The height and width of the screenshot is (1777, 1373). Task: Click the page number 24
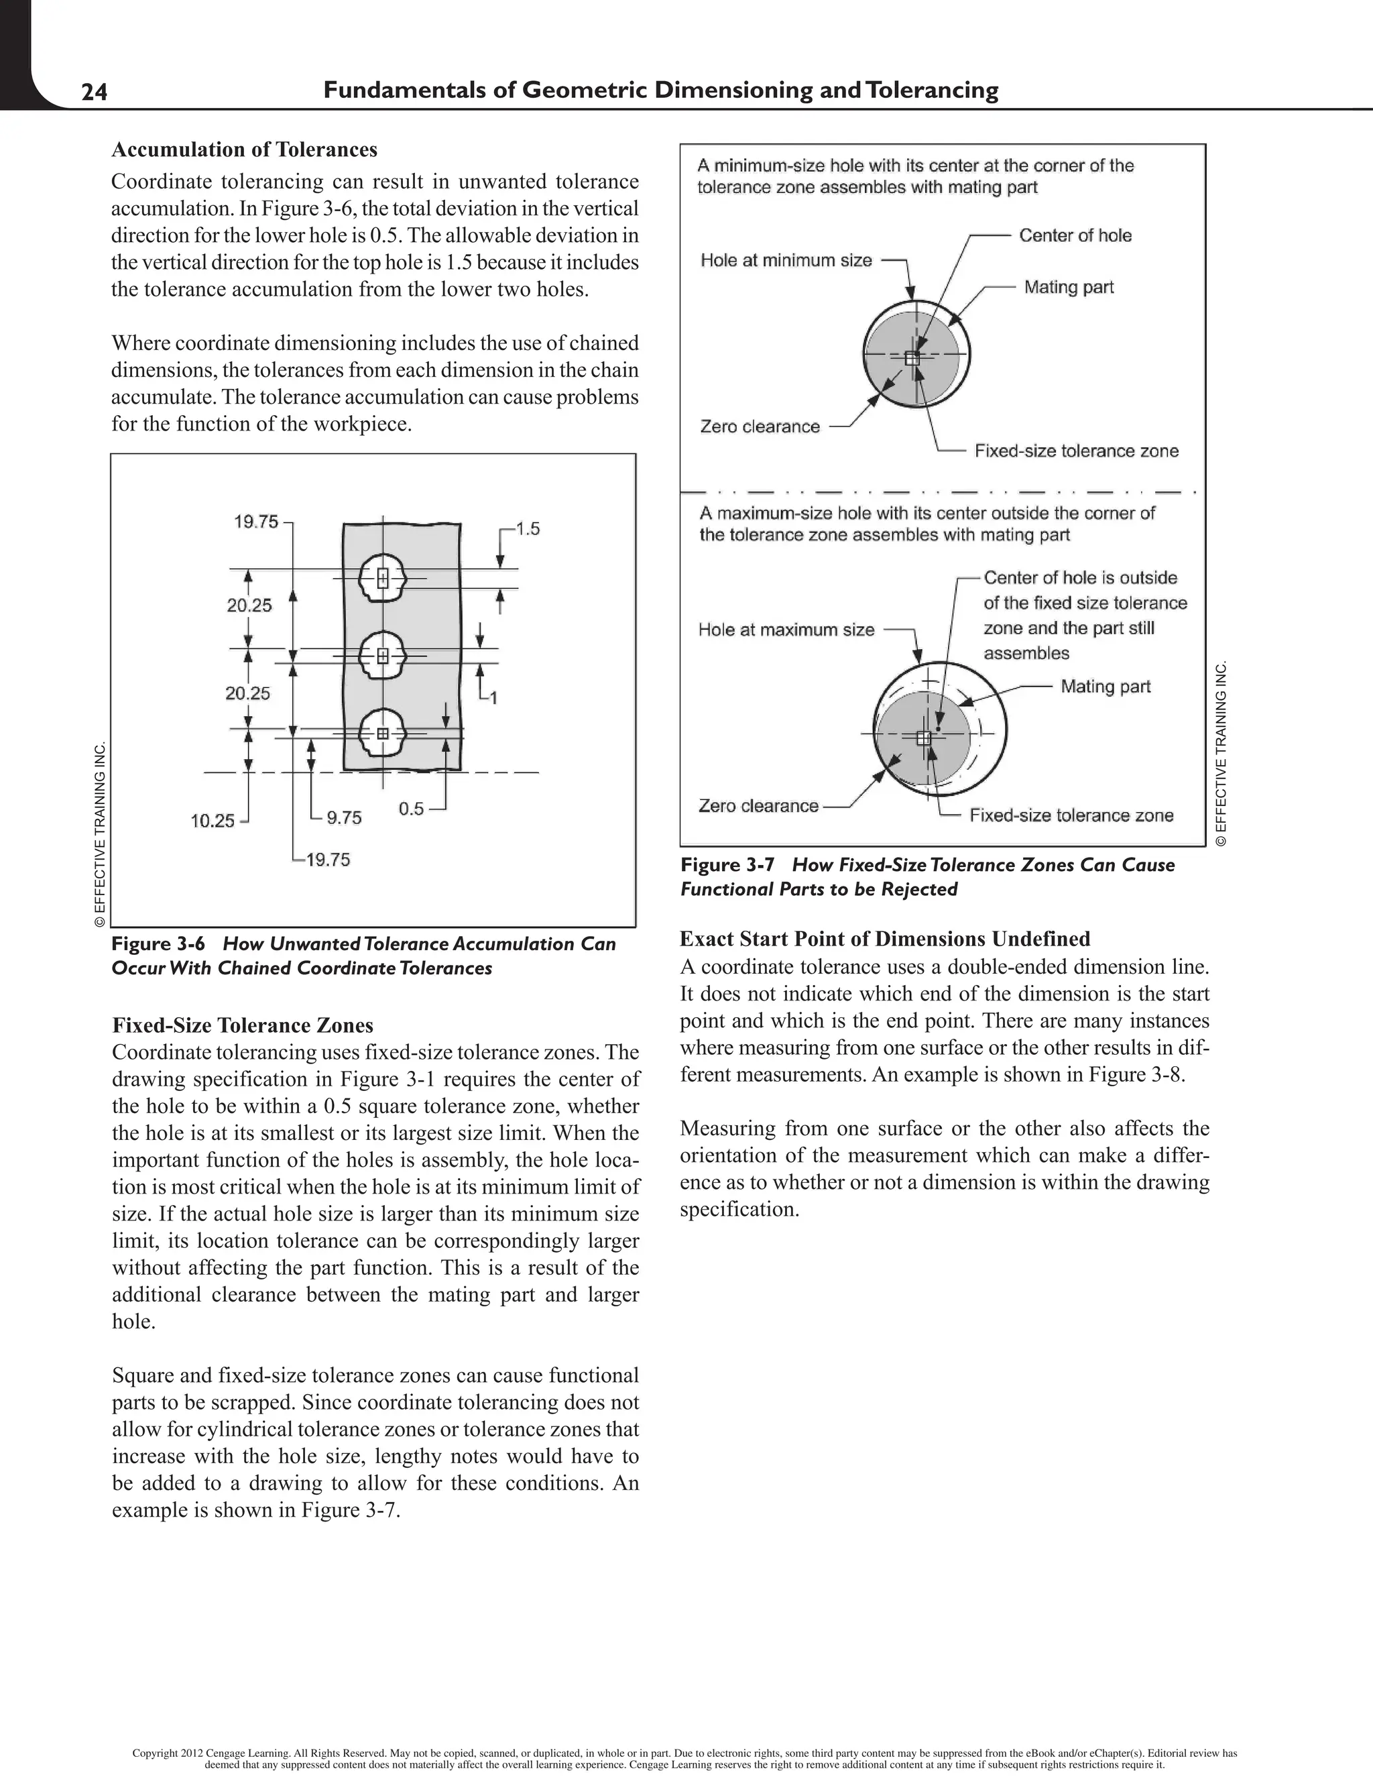[95, 92]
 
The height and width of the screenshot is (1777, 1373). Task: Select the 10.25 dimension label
[213, 821]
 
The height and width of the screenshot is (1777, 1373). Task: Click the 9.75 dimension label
[344, 817]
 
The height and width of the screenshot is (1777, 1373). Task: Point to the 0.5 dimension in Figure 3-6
[412, 809]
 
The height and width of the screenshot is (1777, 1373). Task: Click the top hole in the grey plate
[382, 577]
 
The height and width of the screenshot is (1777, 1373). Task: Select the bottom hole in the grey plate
[382, 733]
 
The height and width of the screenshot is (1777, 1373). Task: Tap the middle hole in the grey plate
[382, 656]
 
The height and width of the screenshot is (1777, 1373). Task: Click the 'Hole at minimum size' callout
[786, 260]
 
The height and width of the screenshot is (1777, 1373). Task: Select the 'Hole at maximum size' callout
[786, 630]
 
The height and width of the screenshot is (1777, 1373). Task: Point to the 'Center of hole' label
[1075, 235]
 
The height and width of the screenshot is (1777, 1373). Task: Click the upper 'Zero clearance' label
[760, 427]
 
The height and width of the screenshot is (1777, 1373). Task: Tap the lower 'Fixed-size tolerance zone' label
[1071, 815]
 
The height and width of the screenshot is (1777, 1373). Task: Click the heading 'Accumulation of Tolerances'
[244, 150]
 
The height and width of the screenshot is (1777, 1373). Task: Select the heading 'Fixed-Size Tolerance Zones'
[243, 1025]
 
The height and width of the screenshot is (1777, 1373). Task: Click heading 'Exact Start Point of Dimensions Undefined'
[884, 939]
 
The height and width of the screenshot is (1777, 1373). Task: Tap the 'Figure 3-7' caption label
[727, 865]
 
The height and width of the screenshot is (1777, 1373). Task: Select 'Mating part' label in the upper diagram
[1068, 287]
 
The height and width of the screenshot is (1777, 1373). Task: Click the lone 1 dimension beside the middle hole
[493, 698]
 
